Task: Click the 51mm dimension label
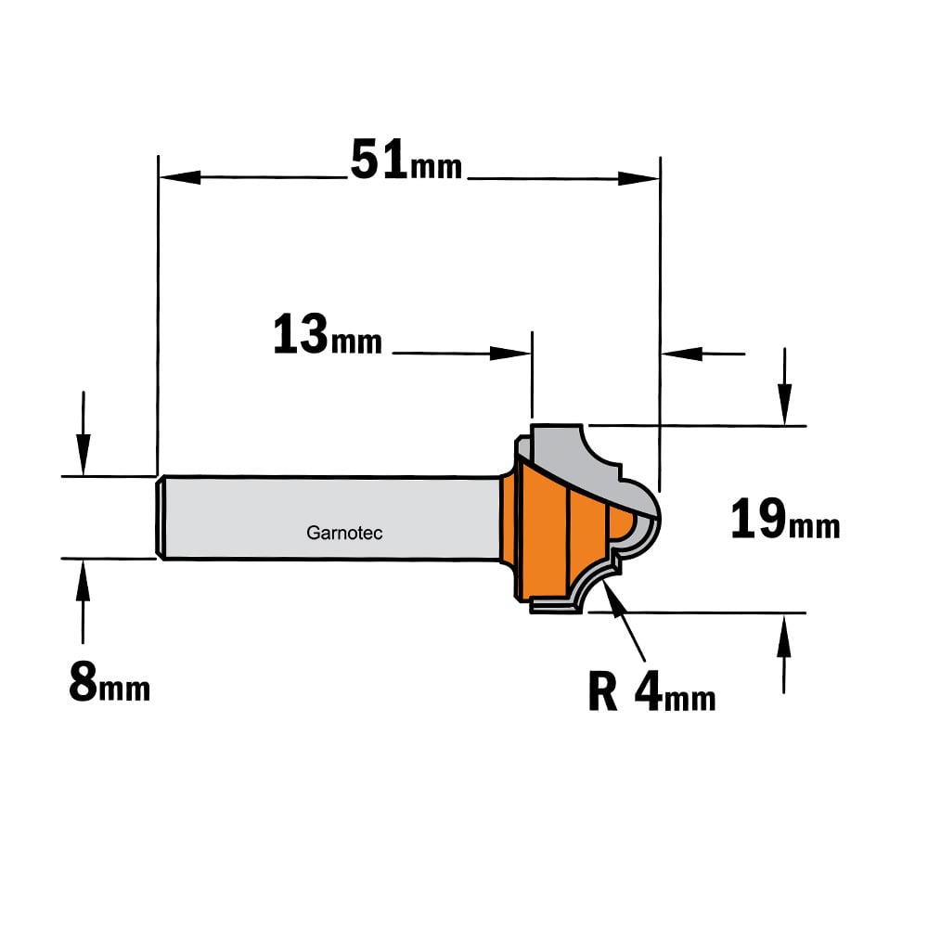(406, 160)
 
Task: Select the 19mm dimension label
(785, 519)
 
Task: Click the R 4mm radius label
(651, 692)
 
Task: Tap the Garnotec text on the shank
(344, 533)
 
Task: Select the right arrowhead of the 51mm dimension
(638, 178)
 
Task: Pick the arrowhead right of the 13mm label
(510, 354)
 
